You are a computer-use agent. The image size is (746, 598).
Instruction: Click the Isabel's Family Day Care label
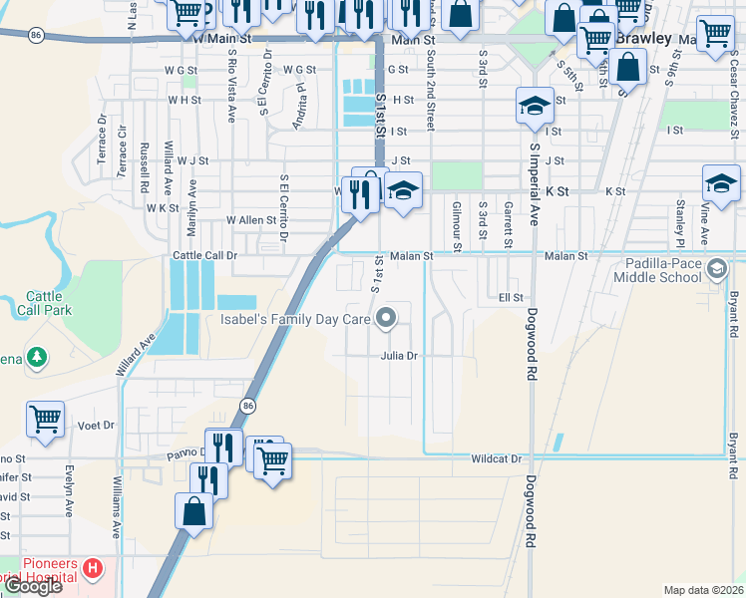pos(295,320)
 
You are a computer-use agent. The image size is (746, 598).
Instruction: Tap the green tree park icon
pos(37,356)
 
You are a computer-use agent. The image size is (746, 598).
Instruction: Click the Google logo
pos(33,586)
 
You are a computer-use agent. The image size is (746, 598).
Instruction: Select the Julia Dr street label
pos(397,356)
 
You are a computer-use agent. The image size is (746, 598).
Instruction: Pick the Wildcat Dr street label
pos(496,459)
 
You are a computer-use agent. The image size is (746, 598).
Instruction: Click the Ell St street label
pos(511,297)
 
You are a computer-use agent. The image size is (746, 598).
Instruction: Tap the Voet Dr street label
pos(96,426)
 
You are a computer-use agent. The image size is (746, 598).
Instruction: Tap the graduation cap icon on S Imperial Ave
pos(535,106)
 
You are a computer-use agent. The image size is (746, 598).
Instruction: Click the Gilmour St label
pos(457,225)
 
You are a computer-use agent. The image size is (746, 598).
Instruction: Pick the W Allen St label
pos(250,220)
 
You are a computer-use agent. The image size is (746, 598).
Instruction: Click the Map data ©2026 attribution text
pos(703,590)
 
